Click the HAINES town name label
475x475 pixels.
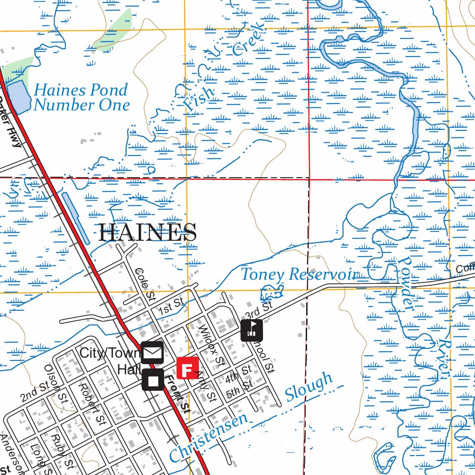[148, 232]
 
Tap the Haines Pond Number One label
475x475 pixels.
[81, 97]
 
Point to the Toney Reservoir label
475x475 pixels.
[299, 274]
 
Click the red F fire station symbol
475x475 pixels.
[187, 368]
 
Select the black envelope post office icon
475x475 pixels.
[153, 353]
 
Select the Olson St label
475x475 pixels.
[55, 383]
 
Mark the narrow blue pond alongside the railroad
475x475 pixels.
[75, 218]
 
